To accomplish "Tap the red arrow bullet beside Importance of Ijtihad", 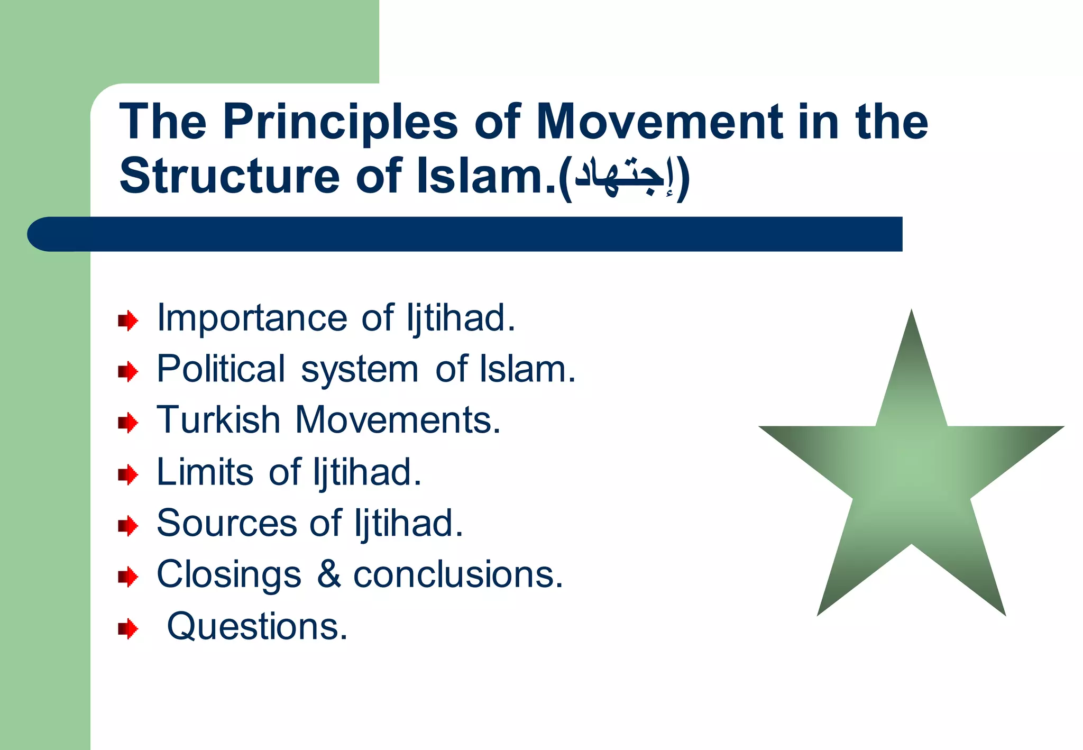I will [128, 321].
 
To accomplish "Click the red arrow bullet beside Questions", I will [128, 629].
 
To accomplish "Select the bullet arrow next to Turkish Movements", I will [128, 423].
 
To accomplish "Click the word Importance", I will [252, 318].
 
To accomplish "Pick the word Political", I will [221, 369].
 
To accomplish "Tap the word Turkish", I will [218, 420].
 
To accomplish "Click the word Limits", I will [205, 471].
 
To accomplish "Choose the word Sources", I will [227, 523].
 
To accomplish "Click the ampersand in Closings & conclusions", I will [328, 574].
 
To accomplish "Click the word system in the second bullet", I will [360, 370].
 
